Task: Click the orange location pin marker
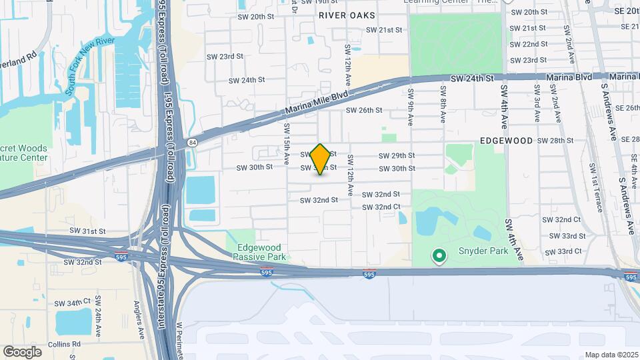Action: tap(321, 159)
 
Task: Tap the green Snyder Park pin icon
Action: tap(439, 255)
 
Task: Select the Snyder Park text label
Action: tap(483, 251)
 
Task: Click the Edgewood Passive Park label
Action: tap(261, 251)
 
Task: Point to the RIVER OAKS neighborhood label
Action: tap(347, 15)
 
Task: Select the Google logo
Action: tap(22, 351)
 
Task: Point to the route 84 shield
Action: tap(192, 142)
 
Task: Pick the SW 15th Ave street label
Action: tap(287, 145)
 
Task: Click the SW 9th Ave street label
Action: tap(409, 105)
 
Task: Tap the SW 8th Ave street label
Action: tap(442, 105)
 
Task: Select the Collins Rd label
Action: tap(65, 344)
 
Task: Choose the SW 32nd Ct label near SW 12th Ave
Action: tap(381, 207)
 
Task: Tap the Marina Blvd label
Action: tap(569, 77)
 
